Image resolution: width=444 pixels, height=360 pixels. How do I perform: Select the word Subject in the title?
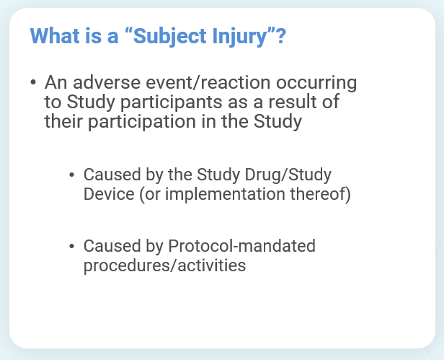(169, 37)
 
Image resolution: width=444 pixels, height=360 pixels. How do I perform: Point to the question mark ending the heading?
(281, 36)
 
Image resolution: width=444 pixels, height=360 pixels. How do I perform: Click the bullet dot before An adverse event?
(33, 82)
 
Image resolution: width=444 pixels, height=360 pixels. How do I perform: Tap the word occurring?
(316, 84)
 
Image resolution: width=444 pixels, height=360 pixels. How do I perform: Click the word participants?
(172, 102)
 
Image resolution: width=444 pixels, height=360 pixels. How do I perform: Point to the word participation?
(142, 122)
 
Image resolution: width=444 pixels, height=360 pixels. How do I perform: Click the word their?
(63, 121)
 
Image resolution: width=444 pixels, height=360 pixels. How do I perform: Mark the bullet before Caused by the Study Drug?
(71, 175)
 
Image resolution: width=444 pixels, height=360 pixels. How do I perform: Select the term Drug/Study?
(288, 175)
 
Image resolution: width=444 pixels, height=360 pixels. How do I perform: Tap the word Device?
(109, 194)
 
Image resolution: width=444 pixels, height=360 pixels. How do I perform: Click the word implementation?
(225, 195)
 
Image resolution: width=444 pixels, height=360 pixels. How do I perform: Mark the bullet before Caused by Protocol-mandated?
(71, 246)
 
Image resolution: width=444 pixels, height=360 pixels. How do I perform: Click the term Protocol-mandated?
(242, 245)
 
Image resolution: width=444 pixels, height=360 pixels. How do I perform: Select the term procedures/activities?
(164, 266)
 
